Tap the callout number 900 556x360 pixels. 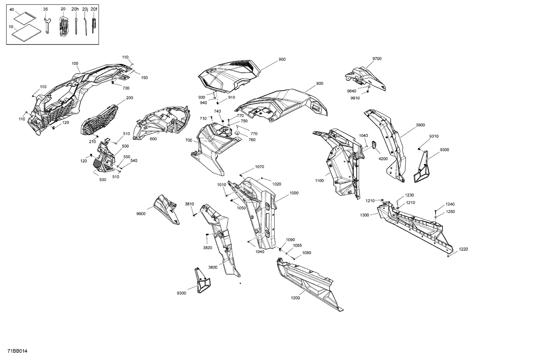click(282, 59)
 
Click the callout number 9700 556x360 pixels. click(377, 59)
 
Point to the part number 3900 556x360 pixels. click(420, 125)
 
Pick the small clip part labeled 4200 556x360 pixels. click(374, 144)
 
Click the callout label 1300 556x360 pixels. click(364, 215)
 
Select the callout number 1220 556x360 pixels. click(463, 249)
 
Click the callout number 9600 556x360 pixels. click(141, 214)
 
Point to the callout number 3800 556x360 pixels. click(213, 267)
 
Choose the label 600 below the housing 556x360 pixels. click(153, 139)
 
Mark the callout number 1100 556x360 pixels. click(319, 181)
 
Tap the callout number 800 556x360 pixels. click(320, 84)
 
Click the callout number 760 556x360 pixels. click(252, 140)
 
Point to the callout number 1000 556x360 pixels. click(294, 193)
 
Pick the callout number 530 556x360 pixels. click(103, 180)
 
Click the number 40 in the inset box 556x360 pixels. click(12, 9)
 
